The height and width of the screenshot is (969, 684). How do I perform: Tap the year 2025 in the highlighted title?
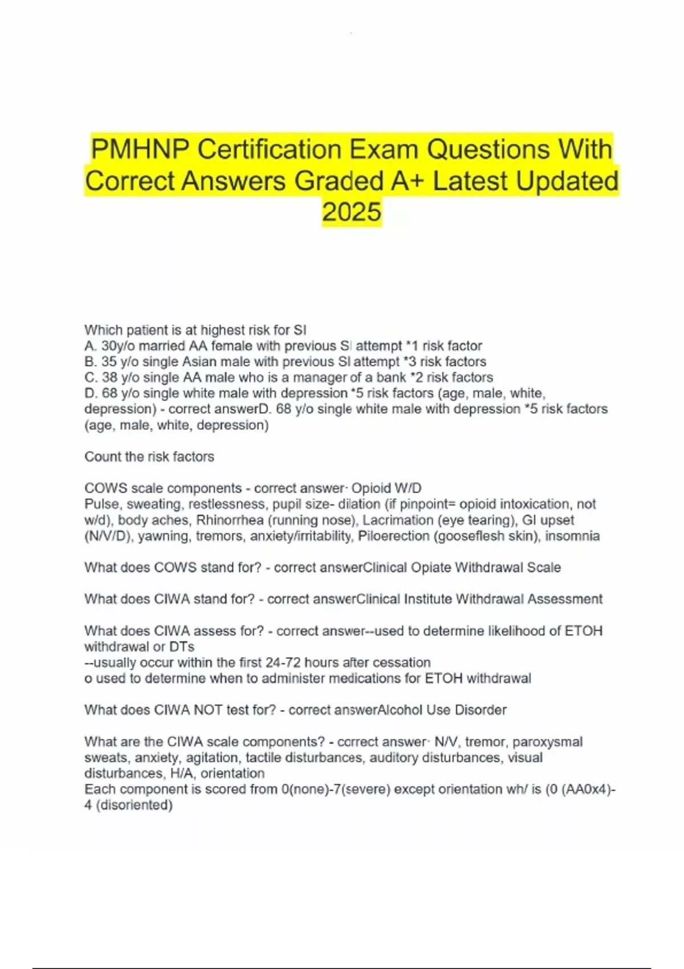coord(351,211)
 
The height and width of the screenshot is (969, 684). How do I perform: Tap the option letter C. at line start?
coord(91,377)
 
